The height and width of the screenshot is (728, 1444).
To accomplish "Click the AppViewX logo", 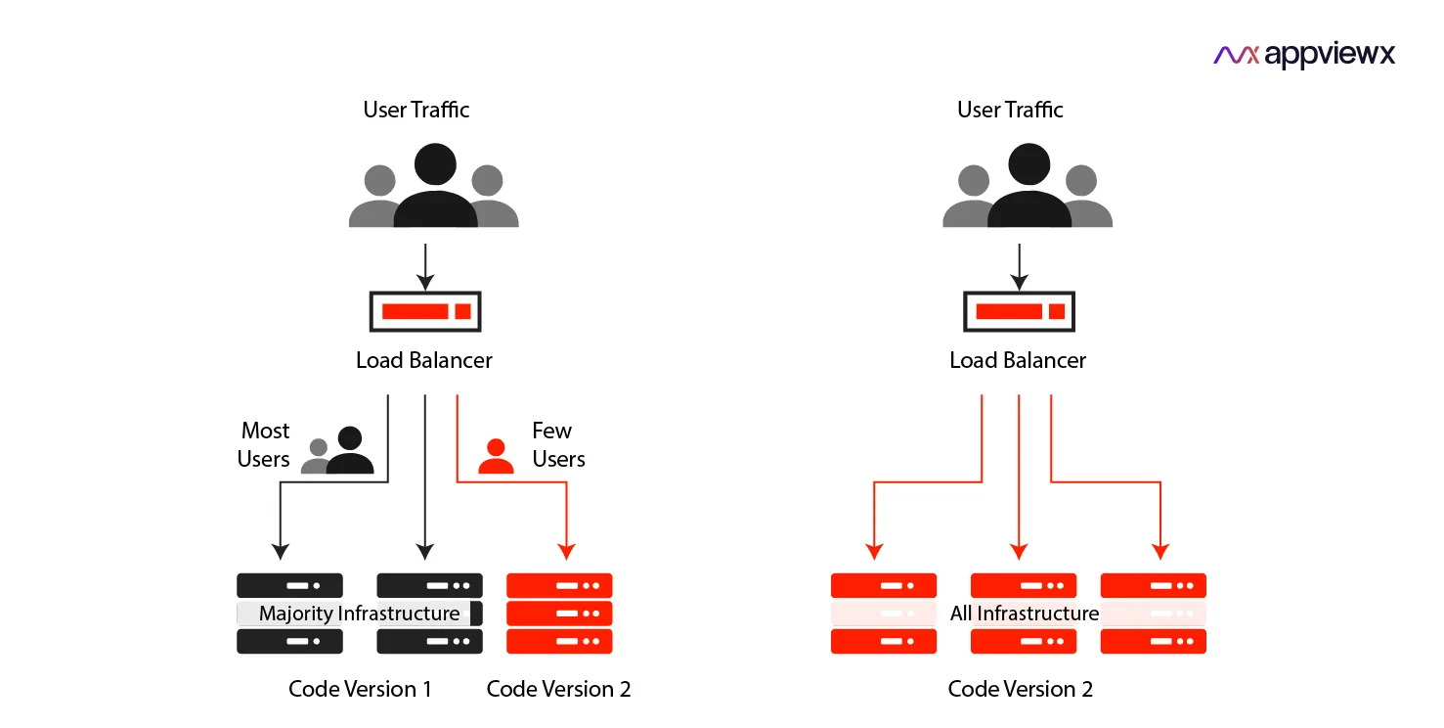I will coord(1303,55).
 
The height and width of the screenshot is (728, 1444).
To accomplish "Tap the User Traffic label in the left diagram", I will coord(416,110).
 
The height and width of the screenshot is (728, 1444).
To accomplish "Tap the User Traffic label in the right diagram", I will coord(1010,110).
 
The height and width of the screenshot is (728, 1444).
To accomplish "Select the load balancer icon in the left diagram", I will coord(425,311).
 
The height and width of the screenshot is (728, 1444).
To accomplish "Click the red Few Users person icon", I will coord(496,456).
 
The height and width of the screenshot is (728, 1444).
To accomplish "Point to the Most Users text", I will coord(264,445).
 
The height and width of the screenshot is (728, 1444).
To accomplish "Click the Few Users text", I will coord(558,445).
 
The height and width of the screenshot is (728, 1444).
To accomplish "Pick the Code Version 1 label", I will coord(360,689).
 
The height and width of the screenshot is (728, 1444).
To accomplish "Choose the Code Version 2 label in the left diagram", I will coord(558,689).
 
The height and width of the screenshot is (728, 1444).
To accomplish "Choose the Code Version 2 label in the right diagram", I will coord(1020,689).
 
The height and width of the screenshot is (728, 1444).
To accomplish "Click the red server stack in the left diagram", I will coord(559,614).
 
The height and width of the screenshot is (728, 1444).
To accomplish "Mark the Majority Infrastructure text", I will coord(359,614).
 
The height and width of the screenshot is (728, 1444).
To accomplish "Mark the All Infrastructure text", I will coord(1024,614).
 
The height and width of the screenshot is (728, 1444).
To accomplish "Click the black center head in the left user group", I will coord(435,164).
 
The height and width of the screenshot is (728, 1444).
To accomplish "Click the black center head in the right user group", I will coord(1029,164).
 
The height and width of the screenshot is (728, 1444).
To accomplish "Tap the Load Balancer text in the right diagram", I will coord(1018,360).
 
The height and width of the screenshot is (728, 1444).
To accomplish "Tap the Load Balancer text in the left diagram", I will coord(423,360).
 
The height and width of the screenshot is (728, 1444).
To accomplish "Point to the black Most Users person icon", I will coord(349,453).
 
